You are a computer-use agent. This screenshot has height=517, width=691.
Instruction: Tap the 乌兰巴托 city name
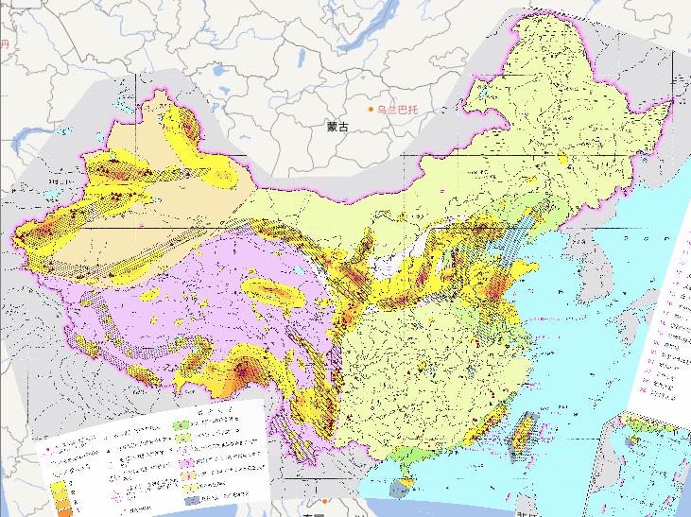pyautogui.click(x=397, y=111)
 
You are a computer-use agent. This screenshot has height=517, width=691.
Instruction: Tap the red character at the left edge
pyautogui.click(x=3, y=44)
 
